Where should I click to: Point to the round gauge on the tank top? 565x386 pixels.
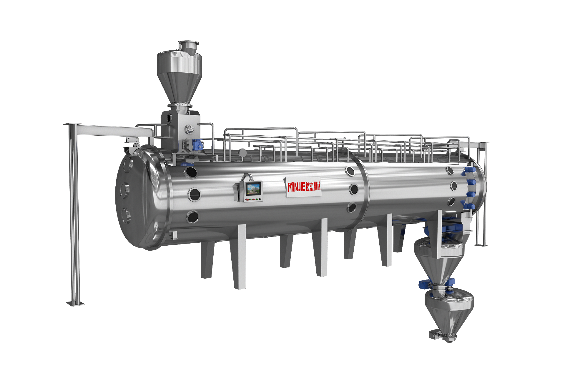(x=243, y=152)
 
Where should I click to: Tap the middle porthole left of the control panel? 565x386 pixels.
(x=194, y=194)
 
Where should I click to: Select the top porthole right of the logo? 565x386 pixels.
(x=350, y=171)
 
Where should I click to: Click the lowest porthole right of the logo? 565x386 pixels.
(x=351, y=207)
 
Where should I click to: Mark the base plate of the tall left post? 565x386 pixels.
(x=75, y=303)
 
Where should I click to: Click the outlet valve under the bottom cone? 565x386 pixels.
(x=443, y=336)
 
